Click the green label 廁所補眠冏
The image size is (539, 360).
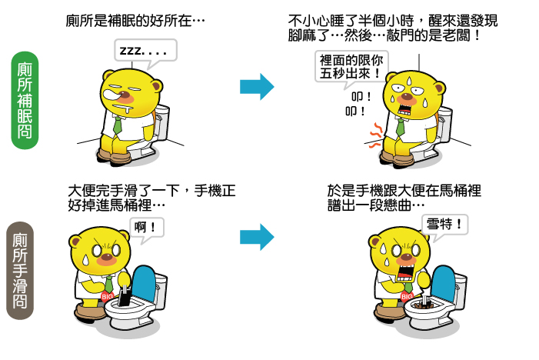click(25, 101)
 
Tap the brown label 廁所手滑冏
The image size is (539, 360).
click(20, 271)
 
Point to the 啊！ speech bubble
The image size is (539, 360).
click(147, 228)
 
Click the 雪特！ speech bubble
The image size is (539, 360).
click(445, 225)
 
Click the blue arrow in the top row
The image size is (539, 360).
click(257, 87)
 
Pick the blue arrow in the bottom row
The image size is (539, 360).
click(257, 237)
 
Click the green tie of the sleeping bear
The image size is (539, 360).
click(118, 125)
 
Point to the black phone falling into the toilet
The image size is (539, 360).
click(125, 296)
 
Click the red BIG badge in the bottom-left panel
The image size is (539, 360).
click(107, 295)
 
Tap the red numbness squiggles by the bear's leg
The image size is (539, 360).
click(375, 135)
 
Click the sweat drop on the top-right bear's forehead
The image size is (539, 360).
click(409, 81)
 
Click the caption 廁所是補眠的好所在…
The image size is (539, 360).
click(135, 21)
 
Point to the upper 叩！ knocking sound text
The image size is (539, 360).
click(361, 97)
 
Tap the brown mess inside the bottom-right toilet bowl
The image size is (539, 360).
click(424, 305)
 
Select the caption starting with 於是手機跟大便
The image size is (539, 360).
click(404, 198)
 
